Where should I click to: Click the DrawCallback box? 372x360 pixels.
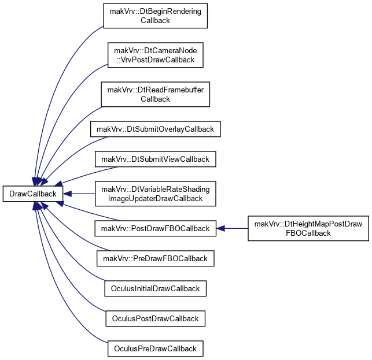(33, 194)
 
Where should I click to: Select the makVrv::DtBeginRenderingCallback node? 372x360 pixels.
(156, 16)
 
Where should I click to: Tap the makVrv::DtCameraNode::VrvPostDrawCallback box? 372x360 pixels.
(156, 55)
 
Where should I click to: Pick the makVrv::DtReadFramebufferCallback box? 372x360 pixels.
(156, 94)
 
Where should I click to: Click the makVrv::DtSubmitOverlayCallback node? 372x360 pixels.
(156, 129)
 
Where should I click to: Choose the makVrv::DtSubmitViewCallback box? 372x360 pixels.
(156, 159)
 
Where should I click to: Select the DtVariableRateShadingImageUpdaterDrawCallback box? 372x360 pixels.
(156, 194)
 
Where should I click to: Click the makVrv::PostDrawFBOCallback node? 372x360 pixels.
(156, 228)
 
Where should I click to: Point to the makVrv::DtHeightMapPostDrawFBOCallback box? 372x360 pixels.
(308, 228)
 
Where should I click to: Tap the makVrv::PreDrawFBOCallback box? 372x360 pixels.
(156, 258)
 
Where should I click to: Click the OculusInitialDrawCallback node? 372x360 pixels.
(156, 288)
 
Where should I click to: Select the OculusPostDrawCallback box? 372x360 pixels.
(156, 318)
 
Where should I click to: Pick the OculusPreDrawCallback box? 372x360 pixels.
(156, 348)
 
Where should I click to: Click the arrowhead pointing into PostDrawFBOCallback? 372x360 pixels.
(220, 228)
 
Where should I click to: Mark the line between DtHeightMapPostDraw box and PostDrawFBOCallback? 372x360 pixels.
(236, 228)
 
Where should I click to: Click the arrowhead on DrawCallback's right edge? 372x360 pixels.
(67, 194)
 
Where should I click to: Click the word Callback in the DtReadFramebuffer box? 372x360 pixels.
(155, 99)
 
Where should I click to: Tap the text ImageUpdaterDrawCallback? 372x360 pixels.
(155, 198)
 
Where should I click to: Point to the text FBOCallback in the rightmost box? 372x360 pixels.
(308, 233)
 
